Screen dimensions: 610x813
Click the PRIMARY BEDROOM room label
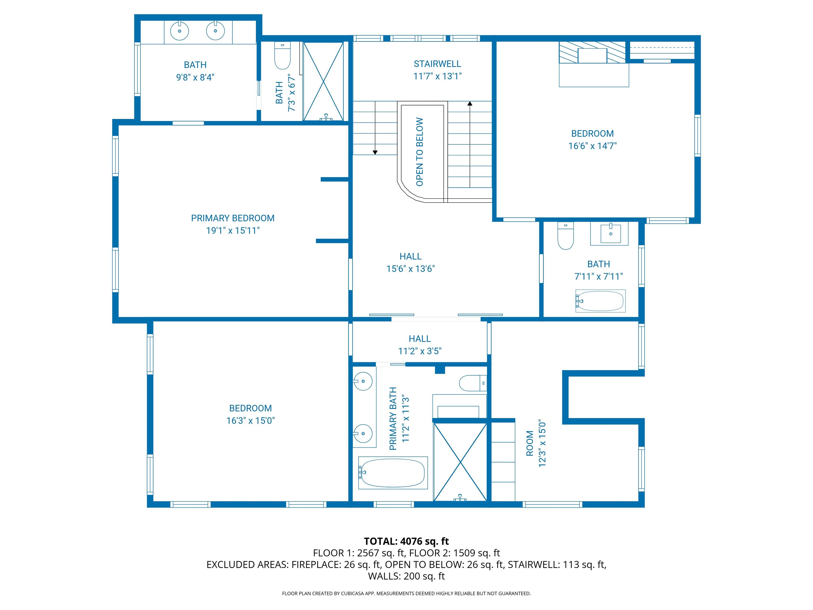[x=233, y=218]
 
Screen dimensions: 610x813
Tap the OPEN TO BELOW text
[x=420, y=152]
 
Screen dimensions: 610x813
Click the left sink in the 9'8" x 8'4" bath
[x=179, y=31]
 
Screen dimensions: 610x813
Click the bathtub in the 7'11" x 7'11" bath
[x=600, y=301]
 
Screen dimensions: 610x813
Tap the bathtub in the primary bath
[x=392, y=473]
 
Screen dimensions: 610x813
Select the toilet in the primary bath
[x=473, y=383]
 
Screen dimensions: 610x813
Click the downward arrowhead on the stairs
[x=375, y=152]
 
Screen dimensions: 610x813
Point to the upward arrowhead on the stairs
[x=470, y=104]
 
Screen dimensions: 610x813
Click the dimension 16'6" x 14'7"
[x=592, y=146]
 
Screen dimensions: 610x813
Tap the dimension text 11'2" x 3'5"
[x=420, y=351]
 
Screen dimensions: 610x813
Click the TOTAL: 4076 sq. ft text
[x=406, y=541]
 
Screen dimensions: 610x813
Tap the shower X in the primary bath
[x=460, y=462]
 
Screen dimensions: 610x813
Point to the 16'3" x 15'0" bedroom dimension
[x=250, y=421]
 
